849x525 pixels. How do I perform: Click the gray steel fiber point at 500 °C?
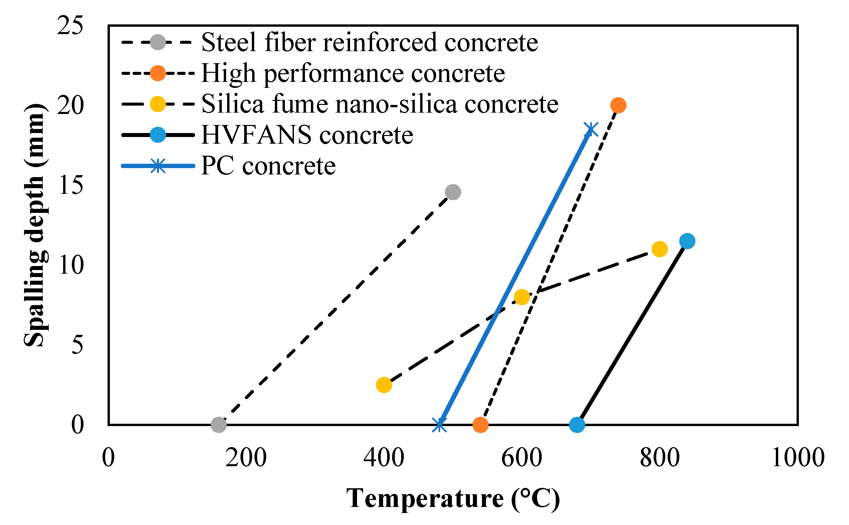pos(453,192)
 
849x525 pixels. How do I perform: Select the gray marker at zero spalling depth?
pos(218,424)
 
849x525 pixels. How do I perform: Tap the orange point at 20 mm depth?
pos(618,105)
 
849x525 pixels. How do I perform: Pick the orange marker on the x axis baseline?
pos(480,424)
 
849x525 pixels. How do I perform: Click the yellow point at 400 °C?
pos(384,385)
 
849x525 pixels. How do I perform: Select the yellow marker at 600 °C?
pos(522,297)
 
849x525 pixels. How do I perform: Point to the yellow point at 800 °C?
pos(660,249)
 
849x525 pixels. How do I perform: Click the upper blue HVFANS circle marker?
pos(687,241)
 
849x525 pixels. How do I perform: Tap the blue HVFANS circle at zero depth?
pos(577,424)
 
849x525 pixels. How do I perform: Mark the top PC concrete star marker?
pos(590,130)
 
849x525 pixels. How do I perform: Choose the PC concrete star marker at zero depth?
pos(439,424)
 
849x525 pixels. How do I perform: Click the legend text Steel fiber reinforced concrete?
pos(369,42)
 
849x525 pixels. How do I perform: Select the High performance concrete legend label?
pos(353,73)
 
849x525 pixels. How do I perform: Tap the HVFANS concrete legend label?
pos(307,135)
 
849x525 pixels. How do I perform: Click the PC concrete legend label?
pos(268,166)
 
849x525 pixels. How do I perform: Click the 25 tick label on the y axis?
pos(70,26)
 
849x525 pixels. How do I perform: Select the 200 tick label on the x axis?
pos(246,457)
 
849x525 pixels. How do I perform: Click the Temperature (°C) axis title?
pos(453,499)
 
